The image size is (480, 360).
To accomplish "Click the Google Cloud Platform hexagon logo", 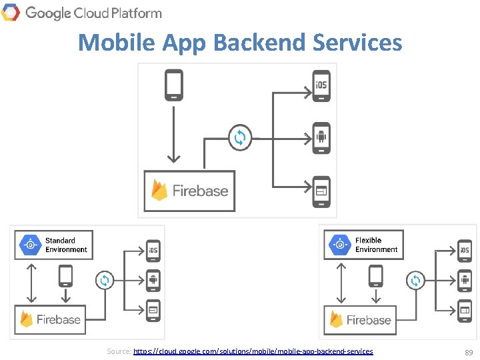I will (x=10, y=12).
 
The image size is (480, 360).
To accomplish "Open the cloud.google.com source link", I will (x=253, y=351).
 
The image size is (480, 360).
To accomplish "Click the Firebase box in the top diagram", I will (x=190, y=191).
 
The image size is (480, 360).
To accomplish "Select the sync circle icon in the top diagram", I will (x=239, y=138).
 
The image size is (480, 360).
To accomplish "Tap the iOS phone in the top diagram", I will (x=321, y=86).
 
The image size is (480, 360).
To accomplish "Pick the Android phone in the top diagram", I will (x=321, y=138).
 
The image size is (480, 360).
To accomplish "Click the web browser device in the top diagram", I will (x=321, y=190).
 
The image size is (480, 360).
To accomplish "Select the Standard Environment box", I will (x=54, y=245).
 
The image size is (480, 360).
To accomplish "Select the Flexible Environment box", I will (x=363, y=245).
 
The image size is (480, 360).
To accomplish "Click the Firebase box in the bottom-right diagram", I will (x=361, y=319).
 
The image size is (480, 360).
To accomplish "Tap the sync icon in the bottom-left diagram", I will (x=104, y=281).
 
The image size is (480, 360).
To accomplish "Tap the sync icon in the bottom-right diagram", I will (x=415, y=281).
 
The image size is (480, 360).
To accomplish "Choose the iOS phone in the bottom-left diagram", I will (x=153, y=251).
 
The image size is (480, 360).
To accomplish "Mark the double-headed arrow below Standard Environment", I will (x=28, y=282).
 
